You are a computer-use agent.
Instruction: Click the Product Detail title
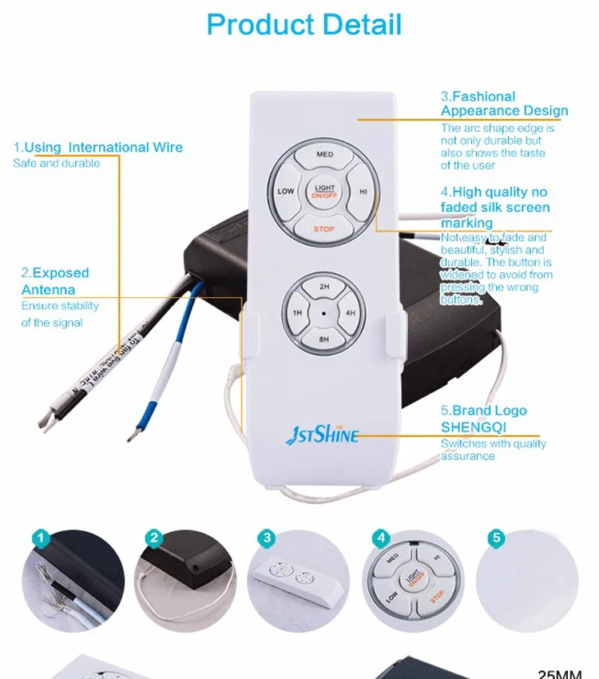(x=304, y=25)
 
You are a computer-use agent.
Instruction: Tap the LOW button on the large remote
(x=285, y=192)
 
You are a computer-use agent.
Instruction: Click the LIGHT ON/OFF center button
(x=323, y=191)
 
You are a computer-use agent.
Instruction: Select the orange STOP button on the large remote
(x=323, y=229)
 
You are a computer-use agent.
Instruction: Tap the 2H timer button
(x=324, y=287)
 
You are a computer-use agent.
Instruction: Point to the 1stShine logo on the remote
(x=323, y=435)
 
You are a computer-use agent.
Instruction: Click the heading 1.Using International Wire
(x=97, y=147)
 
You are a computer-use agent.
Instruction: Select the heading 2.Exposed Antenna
(x=54, y=281)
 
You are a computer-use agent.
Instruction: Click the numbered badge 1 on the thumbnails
(x=42, y=538)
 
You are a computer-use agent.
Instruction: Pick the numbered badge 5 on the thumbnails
(x=498, y=538)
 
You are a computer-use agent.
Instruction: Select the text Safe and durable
(x=57, y=164)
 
